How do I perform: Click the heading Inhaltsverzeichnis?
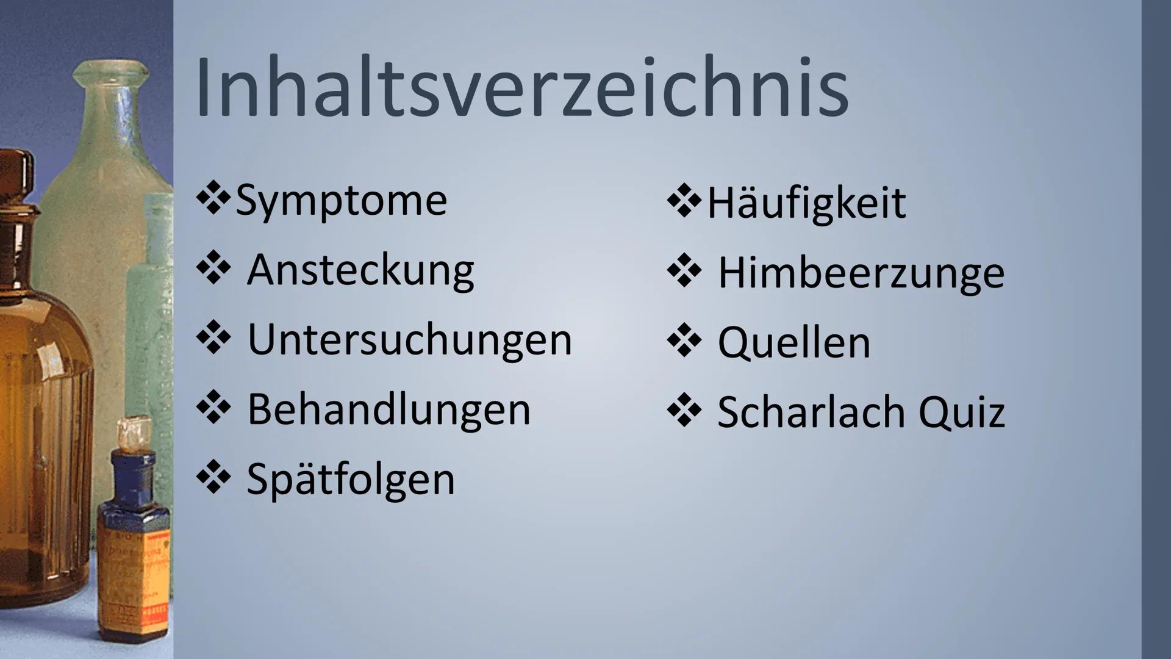click(521, 88)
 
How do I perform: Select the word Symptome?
click(341, 201)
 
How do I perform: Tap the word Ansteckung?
click(360, 271)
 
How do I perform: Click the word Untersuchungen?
click(409, 340)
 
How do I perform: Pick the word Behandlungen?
click(389, 409)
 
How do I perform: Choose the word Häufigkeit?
click(806, 204)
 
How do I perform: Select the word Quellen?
click(794, 342)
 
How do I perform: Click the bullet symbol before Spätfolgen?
click(213, 477)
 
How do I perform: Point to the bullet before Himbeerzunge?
click(684, 272)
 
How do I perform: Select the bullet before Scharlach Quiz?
click(684, 411)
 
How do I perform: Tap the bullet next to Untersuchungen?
click(213, 338)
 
